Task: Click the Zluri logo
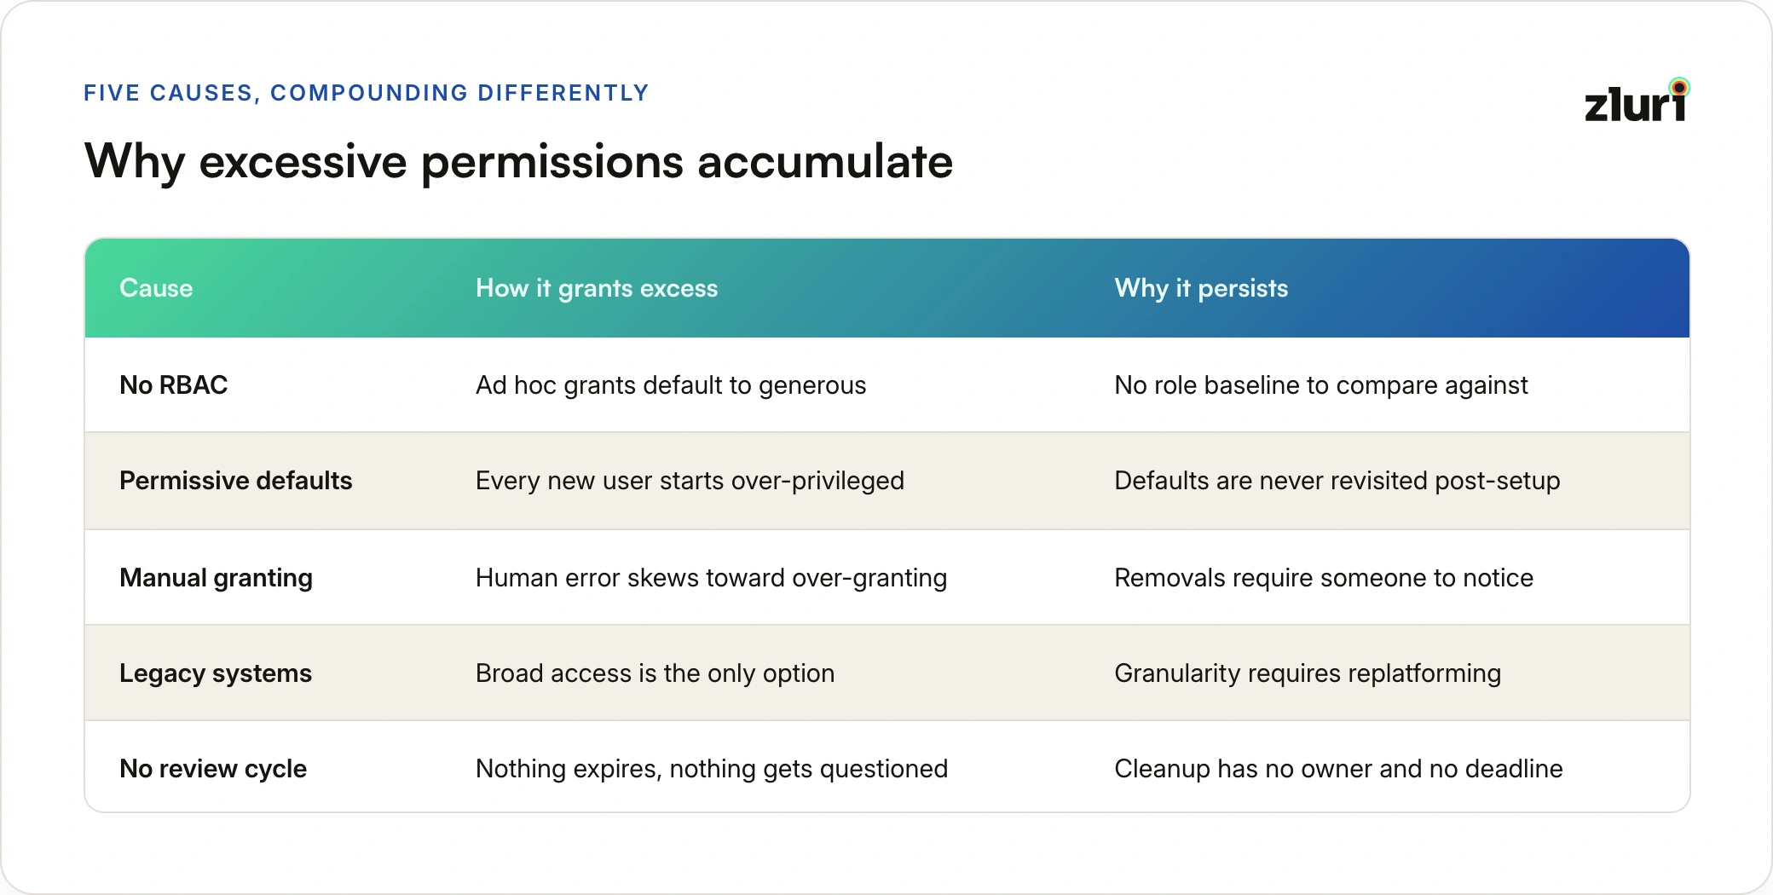(x=1637, y=101)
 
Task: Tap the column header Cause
(x=156, y=288)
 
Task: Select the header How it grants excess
(x=597, y=289)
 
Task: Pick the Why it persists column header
(x=1201, y=289)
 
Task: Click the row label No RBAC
(x=174, y=385)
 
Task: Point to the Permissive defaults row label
(x=236, y=481)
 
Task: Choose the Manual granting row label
(x=217, y=578)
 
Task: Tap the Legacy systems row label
(x=216, y=673)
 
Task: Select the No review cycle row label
(x=213, y=769)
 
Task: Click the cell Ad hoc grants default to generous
(x=671, y=385)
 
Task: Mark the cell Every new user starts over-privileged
(x=690, y=481)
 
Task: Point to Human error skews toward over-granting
(x=711, y=578)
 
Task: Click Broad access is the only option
(x=655, y=673)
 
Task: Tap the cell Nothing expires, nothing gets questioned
(x=712, y=769)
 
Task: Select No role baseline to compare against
(x=1321, y=385)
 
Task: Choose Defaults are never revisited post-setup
(x=1337, y=481)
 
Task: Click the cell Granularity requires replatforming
(x=1308, y=673)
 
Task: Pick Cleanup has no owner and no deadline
(x=1338, y=769)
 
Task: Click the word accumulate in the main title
(x=825, y=161)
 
